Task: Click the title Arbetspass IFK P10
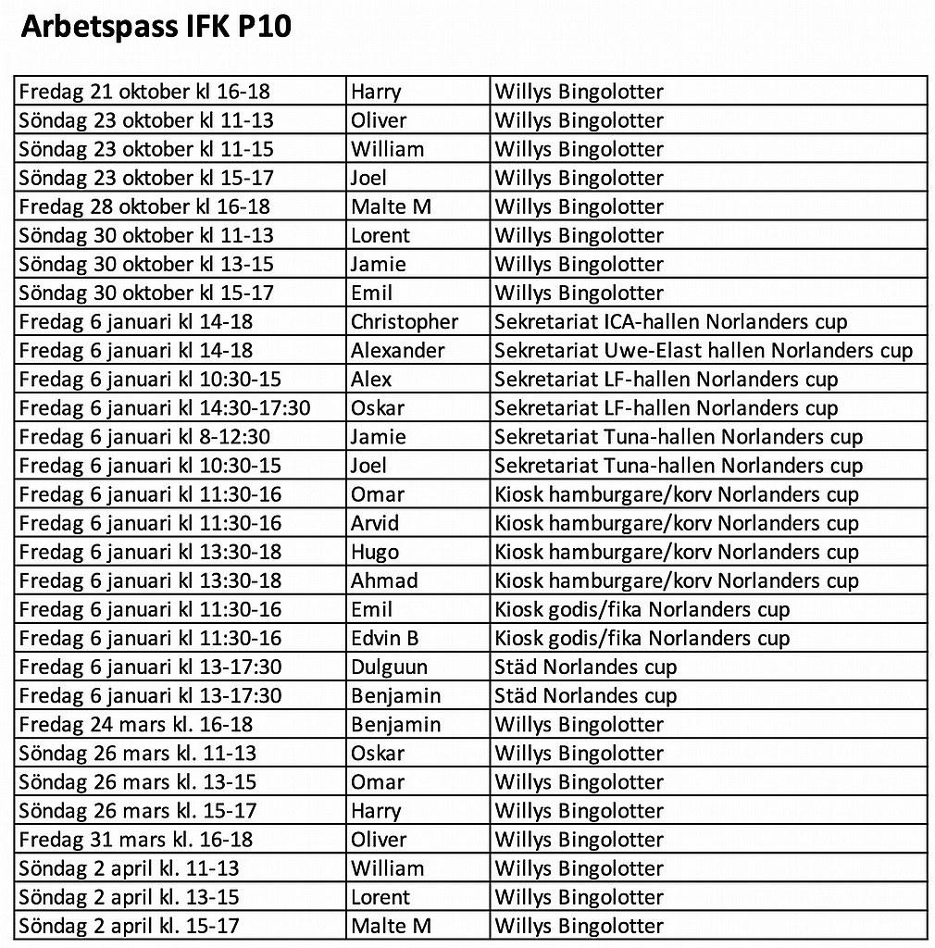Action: click(x=156, y=27)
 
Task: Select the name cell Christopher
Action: click(x=404, y=322)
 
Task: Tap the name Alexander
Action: click(x=397, y=351)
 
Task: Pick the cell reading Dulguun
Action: click(x=389, y=667)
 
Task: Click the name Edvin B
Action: click(x=384, y=638)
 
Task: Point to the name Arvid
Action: click(x=374, y=523)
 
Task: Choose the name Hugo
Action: click(x=374, y=552)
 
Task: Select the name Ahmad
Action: click(x=383, y=580)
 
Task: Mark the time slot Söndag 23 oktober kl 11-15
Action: click(x=145, y=149)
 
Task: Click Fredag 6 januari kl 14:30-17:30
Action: click(x=165, y=408)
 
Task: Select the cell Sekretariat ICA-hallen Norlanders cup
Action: click(x=670, y=322)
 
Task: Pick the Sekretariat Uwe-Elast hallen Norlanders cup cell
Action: click(x=703, y=351)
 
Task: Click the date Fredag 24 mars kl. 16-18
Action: click(x=135, y=724)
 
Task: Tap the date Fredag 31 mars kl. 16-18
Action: click(x=135, y=840)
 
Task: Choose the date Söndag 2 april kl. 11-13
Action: click(x=129, y=868)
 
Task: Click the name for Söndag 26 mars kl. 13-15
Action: click(x=377, y=782)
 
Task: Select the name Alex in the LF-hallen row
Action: click(x=370, y=380)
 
